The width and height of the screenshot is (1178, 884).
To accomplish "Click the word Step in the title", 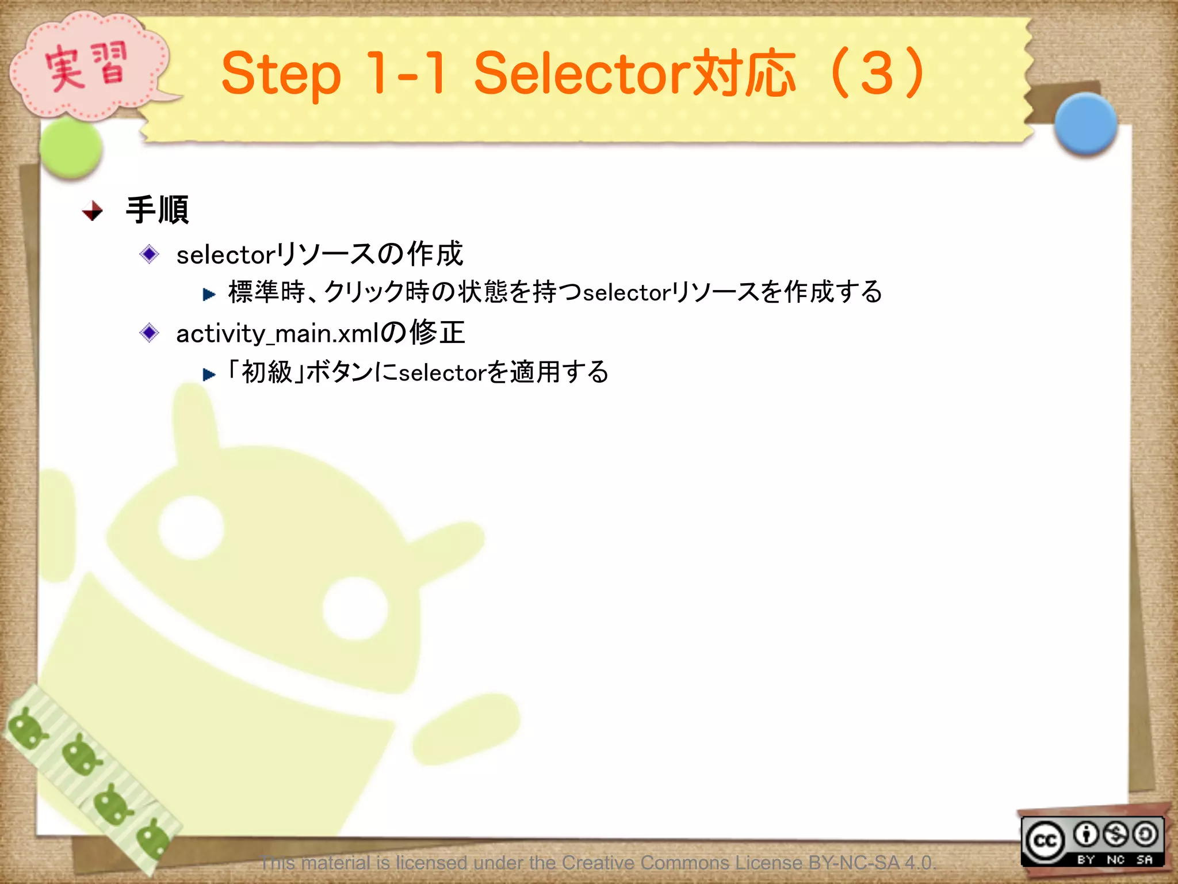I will pyautogui.click(x=281, y=75).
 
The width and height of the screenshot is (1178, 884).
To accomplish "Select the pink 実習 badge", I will pyautogui.click(x=86, y=68).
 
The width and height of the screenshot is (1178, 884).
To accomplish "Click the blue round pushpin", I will pyautogui.click(x=1085, y=124).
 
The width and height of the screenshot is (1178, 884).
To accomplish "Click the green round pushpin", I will pyautogui.click(x=71, y=148).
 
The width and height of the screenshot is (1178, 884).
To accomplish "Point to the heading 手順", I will pyautogui.click(x=157, y=209).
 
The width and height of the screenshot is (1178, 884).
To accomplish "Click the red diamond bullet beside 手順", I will pyautogui.click(x=93, y=211).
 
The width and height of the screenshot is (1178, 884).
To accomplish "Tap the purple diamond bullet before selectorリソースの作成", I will pyautogui.click(x=150, y=254).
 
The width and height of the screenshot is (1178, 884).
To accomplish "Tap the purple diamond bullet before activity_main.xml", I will pyautogui.click(x=150, y=332).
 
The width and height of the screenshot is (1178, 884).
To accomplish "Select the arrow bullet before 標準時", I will pyautogui.click(x=209, y=295).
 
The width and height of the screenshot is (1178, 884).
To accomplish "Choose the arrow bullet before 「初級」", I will pyautogui.click(x=209, y=375).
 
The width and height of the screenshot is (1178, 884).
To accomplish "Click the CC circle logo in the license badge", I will pyautogui.click(x=1045, y=841).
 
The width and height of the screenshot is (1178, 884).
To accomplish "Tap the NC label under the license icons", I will pyautogui.click(x=1115, y=859).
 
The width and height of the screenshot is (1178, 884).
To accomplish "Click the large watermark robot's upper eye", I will pyautogui.click(x=191, y=527).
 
